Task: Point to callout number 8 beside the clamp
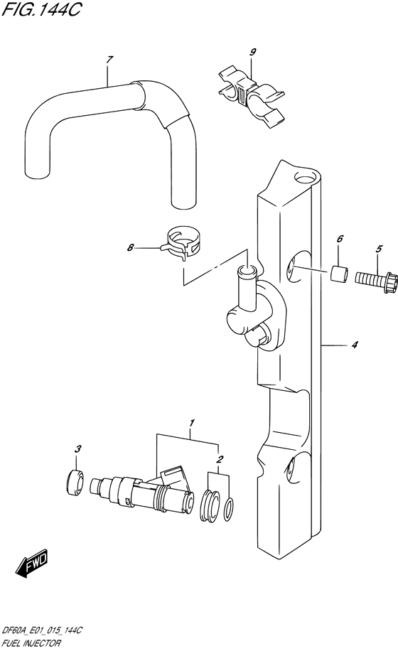[130, 248]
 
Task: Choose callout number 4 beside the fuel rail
[353, 346]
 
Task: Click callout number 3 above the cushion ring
[78, 448]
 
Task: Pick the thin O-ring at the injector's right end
[228, 508]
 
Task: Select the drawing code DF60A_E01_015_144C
[42, 630]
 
